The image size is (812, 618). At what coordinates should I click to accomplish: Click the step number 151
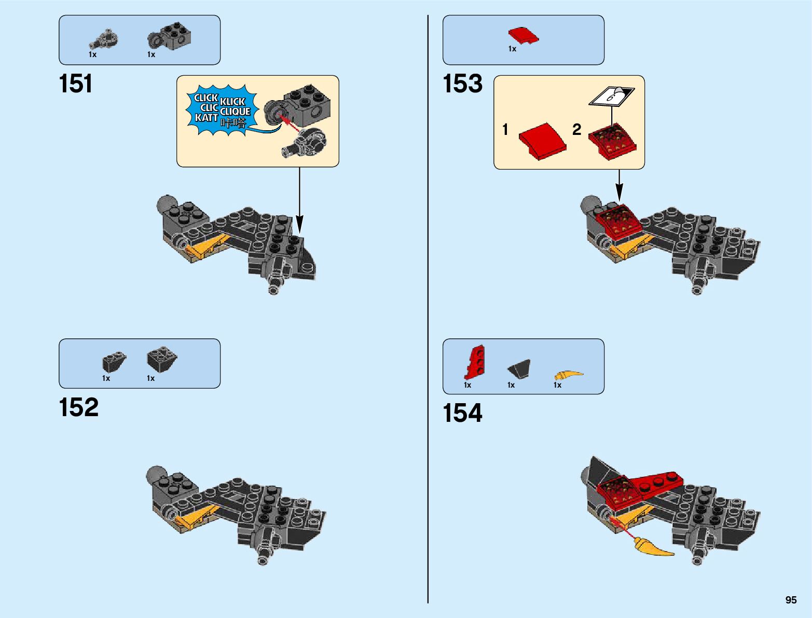[x=76, y=84]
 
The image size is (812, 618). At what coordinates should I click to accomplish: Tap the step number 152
[x=78, y=408]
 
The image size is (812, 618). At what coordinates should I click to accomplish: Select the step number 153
[x=462, y=84]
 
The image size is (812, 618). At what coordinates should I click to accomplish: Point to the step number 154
[x=462, y=414]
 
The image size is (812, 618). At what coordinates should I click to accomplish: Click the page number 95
[x=790, y=600]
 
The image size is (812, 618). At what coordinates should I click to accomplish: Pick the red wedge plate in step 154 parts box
[x=475, y=361]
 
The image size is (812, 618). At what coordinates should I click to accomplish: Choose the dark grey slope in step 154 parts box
[x=519, y=369]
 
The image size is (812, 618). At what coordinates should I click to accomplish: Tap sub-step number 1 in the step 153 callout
[x=505, y=129]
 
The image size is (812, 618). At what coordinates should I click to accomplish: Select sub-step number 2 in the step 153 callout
[x=576, y=129]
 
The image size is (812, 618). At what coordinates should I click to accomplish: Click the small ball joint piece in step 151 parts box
[x=105, y=39]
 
